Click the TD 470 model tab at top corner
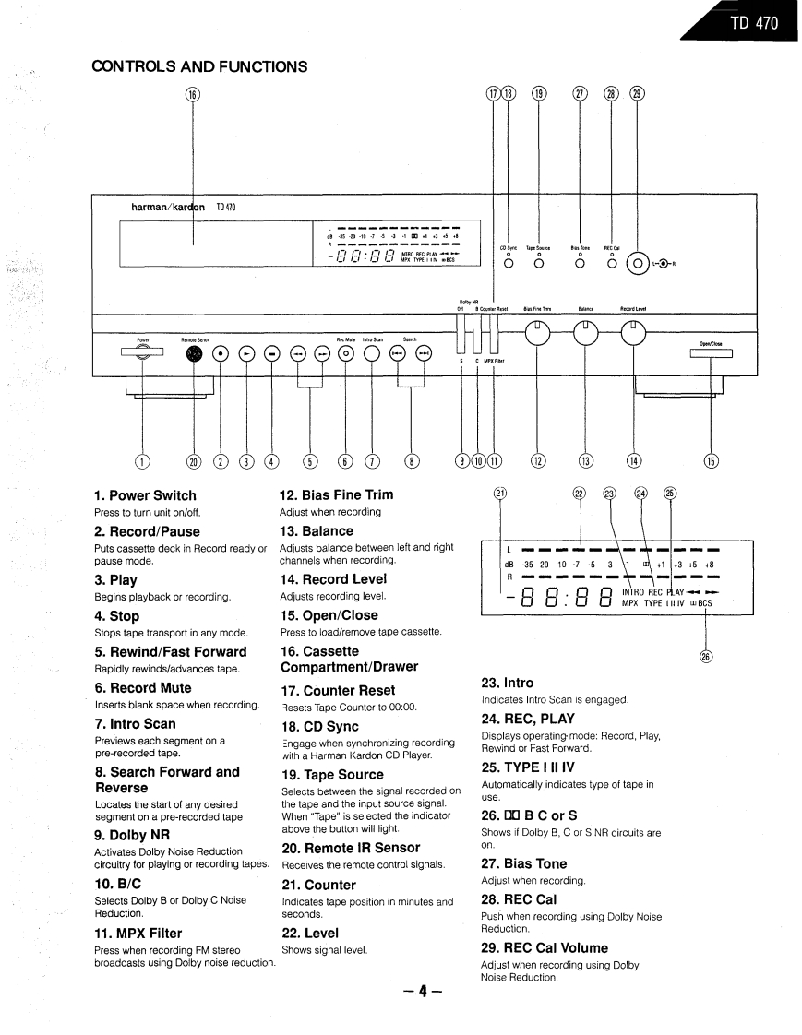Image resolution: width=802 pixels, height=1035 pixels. (x=753, y=23)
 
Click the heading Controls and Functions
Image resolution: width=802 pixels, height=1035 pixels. (x=199, y=66)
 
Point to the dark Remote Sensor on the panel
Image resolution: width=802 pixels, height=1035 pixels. (x=193, y=353)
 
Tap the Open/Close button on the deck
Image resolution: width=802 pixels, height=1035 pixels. (x=710, y=354)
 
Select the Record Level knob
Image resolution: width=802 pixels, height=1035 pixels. (x=633, y=336)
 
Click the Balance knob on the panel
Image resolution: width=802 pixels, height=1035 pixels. (x=585, y=336)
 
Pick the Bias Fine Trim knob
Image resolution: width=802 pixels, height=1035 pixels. (x=538, y=336)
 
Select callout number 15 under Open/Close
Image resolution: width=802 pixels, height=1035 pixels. (x=711, y=461)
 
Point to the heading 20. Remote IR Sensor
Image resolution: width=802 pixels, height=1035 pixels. (x=350, y=847)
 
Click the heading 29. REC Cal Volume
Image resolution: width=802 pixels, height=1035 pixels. (x=545, y=947)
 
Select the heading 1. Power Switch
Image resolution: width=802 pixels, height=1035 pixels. (x=145, y=495)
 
